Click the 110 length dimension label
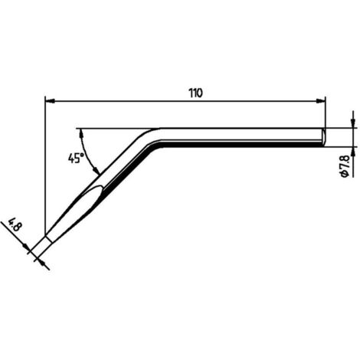click(196, 93)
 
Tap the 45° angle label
click(76, 159)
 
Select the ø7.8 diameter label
click(345, 166)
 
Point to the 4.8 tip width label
click(13, 225)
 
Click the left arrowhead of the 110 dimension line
click(50, 101)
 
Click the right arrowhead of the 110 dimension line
click(321, 101)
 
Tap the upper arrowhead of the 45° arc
click(82, 133)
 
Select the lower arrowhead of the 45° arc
click(96, 170)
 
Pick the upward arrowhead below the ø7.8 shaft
click(353, 152)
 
